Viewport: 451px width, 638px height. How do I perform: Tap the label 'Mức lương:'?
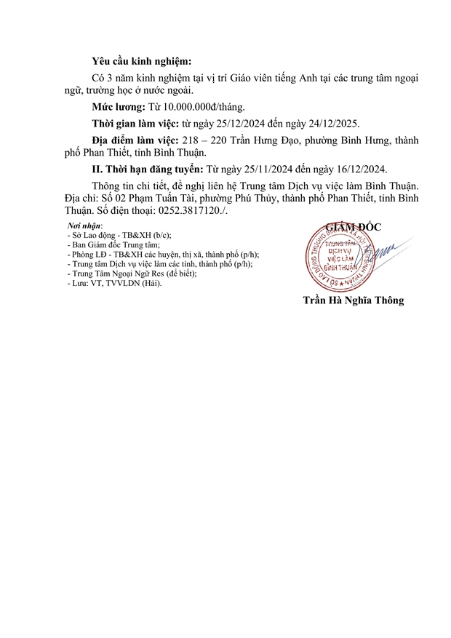pyautogui.click(x=118, y=106)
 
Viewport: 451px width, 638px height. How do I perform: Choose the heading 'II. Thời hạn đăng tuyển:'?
pyautogui.click(x=139, y=169)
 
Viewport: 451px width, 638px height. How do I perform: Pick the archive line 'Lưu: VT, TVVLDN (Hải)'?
pyautogui.click(x=113, y=283)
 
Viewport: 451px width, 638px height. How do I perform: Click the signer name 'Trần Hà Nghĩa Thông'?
pyautogui.click(x=352, y=300)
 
